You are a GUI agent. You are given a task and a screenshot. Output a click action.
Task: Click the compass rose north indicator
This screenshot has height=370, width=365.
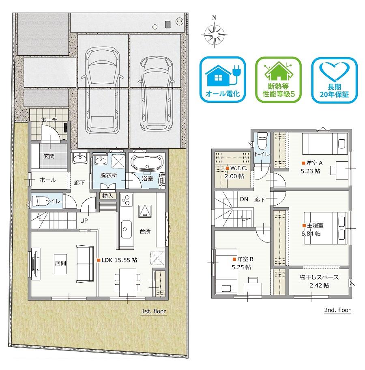point(215,32)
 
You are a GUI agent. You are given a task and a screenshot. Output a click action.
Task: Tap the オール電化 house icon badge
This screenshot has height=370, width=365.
point(223,80)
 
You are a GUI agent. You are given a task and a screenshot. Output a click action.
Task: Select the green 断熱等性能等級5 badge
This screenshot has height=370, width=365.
point(279,80)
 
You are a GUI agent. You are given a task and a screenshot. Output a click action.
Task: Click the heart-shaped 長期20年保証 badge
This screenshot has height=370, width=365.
point(334,80)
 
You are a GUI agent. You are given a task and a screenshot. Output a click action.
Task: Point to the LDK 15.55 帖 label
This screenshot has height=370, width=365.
point(117,260)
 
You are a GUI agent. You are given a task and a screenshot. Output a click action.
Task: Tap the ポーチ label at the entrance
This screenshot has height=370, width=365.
point(49,120)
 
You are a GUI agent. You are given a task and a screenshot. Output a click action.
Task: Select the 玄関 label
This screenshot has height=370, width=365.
point(49,156)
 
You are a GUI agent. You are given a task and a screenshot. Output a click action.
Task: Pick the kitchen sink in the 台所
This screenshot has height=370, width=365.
point(126,229)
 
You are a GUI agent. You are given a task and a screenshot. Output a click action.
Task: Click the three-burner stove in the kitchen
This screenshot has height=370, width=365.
point(127,200)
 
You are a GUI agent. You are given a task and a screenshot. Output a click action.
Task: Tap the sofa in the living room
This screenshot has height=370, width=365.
point(85,264)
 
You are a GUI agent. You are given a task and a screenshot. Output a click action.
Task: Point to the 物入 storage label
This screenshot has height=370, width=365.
point(108,196)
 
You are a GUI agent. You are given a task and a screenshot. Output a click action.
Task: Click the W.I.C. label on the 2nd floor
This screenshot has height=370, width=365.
point(237,168)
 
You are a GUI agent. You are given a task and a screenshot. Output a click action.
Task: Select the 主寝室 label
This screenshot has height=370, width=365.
point(313,225)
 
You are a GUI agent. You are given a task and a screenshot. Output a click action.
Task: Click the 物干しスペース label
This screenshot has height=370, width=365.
point(319,277)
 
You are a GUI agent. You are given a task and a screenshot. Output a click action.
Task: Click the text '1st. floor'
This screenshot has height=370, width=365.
point(154,311)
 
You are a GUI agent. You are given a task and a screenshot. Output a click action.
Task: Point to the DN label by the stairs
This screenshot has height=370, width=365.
point(244,199)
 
